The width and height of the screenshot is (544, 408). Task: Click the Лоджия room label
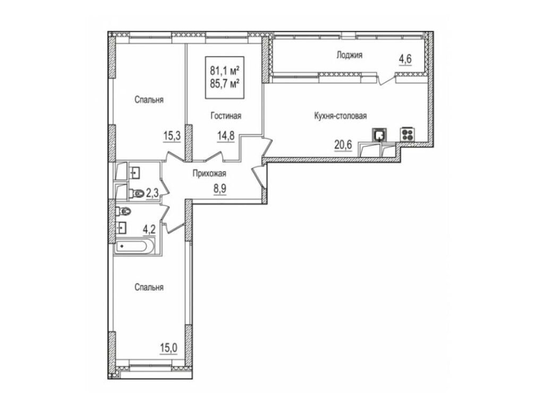pyautogui.click(x=349, y=55)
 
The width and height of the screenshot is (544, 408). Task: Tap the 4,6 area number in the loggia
pyautogui.click(x=405, y=59)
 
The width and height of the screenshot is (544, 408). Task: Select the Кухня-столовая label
pyautogui.click(x=340, y=115)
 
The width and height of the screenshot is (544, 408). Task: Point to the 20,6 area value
pyautogui.click(x=343, y=144)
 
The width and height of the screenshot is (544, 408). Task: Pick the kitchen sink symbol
pyautogui.click(x=379, y=134)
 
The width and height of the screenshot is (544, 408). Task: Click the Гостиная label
pyautogui.click(x=226, y=116)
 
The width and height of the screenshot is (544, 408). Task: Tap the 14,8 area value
pyautogui.click(x=226, y=136)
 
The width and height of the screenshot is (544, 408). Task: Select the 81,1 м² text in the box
pyautogui.click(x=225, y=72)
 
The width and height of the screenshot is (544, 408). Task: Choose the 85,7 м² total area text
pyautogui.click(x=225, y=83)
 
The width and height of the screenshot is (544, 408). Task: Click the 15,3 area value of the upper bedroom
pyautogui.click(x=172, y=136)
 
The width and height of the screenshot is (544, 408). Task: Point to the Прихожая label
pyautogui.click(x=209, y=174)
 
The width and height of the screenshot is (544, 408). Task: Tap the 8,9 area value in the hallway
pyautogui.click(x=219, y=189)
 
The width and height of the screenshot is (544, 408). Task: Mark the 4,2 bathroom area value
pyautogui.click(x=149, y=229)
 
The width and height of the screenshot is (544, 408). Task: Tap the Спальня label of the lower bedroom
pyautogui.click(x=149, y=287)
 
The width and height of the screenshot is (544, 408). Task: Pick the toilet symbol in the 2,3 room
pyautogui.click(x=137, y=193)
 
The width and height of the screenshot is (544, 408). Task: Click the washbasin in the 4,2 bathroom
pyautogui.click(x=121, y=228)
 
